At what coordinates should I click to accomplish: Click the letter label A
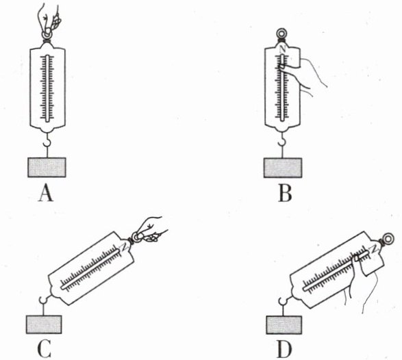46,194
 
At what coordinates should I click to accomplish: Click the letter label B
285,194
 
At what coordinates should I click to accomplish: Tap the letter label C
44,350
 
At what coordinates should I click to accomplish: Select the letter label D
284,350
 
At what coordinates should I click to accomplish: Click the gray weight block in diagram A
47,167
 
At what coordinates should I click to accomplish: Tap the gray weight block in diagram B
283,168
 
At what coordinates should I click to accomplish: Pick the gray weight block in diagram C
44,324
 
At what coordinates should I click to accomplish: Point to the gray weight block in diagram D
284,325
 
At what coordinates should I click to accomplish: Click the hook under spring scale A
47,141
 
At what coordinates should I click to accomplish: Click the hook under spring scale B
283,140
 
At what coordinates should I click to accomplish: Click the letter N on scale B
283,49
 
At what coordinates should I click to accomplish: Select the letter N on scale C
124,246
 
